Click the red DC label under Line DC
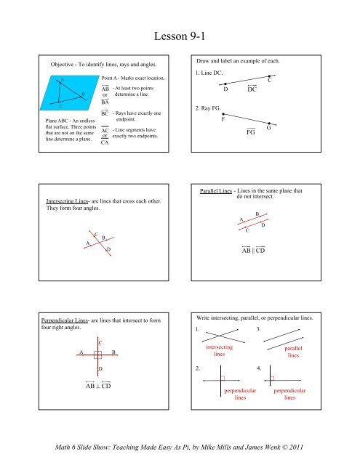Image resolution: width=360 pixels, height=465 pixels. point(252,91)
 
